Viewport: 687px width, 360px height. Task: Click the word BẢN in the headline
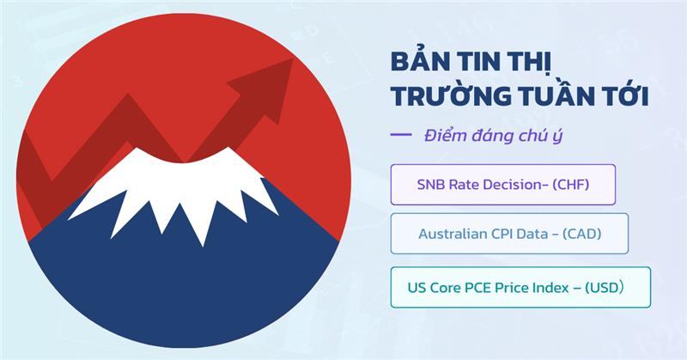[x=417, y=64]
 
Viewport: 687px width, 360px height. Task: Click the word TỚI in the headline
[x=625, y=97]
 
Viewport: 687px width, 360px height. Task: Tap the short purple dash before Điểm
[x=401, y=135]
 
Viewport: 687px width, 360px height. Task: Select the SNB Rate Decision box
[x=502, y=184]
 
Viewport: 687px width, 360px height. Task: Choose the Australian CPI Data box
[x=509, y=233]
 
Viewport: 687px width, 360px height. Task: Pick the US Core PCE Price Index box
[x=520, y=287]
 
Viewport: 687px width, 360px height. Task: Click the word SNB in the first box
[x=430, y=184]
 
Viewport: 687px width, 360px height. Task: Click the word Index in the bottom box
[x=562, y=287]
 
